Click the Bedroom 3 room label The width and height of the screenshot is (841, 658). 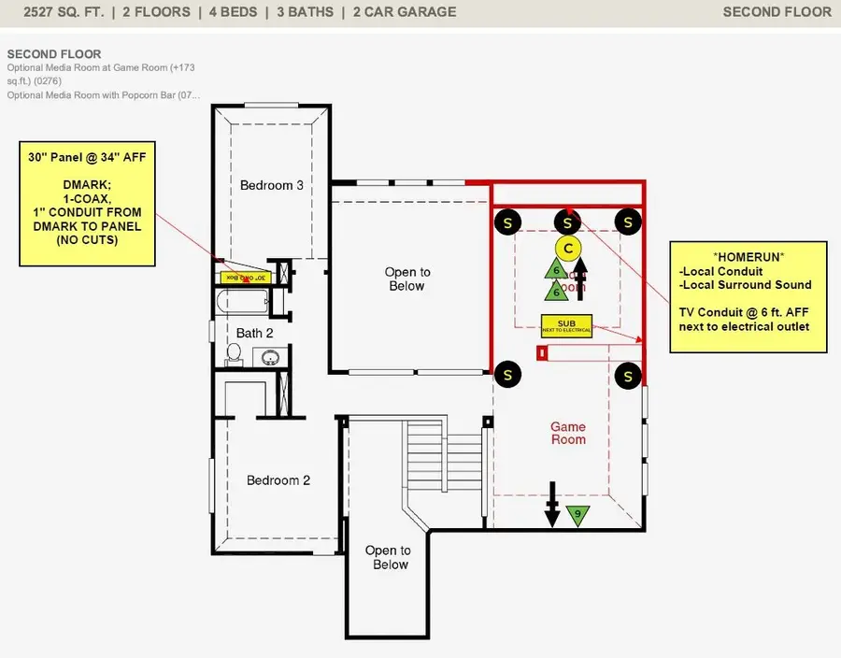[271, 185]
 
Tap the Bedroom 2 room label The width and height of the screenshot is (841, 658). [278, 480]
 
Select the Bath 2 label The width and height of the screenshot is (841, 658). [255, 333]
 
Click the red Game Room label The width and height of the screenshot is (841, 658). [568, 433]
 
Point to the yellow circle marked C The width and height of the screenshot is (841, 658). [568, 248]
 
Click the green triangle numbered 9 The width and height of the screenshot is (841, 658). [578, 514]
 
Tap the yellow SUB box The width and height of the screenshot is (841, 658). [566, 325]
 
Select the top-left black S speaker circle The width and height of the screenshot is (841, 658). [507, 222]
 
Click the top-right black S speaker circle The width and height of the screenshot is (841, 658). [629, 222]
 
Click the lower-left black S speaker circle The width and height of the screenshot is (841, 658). [507, 375]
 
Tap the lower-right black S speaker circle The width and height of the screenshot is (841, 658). [629, 376]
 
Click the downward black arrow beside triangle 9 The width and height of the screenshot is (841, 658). [552, 505]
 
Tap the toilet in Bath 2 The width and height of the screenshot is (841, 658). [235, 354]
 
